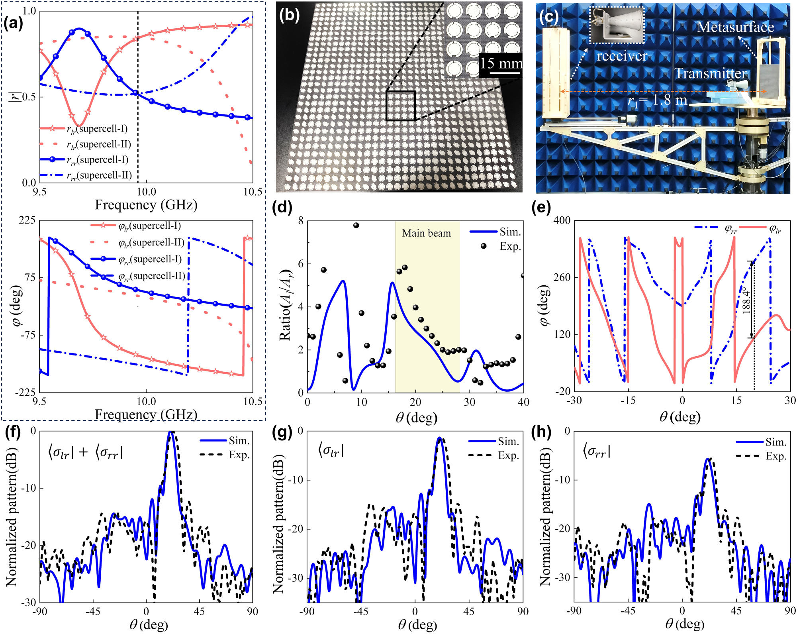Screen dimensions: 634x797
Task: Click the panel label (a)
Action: click(x=13, y=23)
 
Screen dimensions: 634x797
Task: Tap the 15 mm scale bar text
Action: click(x=500, y=63)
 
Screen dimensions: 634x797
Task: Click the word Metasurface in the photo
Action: click(x=735, y=27)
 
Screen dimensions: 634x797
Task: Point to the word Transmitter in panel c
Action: click(x=711, y=73)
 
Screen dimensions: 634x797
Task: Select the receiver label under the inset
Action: click(x=622, y=56)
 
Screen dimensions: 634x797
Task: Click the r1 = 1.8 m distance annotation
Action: click(x=658, y=100)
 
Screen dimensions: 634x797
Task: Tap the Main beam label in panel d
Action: click(x=426, y=233)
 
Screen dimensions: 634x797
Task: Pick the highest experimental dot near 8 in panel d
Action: click(x=356, y=226)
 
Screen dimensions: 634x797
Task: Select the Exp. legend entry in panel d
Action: click(x=510, y=246)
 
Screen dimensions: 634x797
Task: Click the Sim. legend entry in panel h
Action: click(x=775, y=442)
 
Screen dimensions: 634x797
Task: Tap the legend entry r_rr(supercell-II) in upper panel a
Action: click(x=99, y=175)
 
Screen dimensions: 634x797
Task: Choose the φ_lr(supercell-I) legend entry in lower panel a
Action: click(x=149, y=226)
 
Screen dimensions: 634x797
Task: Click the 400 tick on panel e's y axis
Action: click(x=562, y=220)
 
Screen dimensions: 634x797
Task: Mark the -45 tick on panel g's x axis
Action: click(x=361, y=612)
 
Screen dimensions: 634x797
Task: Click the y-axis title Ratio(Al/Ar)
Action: click(x=285, y=305)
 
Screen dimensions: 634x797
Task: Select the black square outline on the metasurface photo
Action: click(x=401, y=106)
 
